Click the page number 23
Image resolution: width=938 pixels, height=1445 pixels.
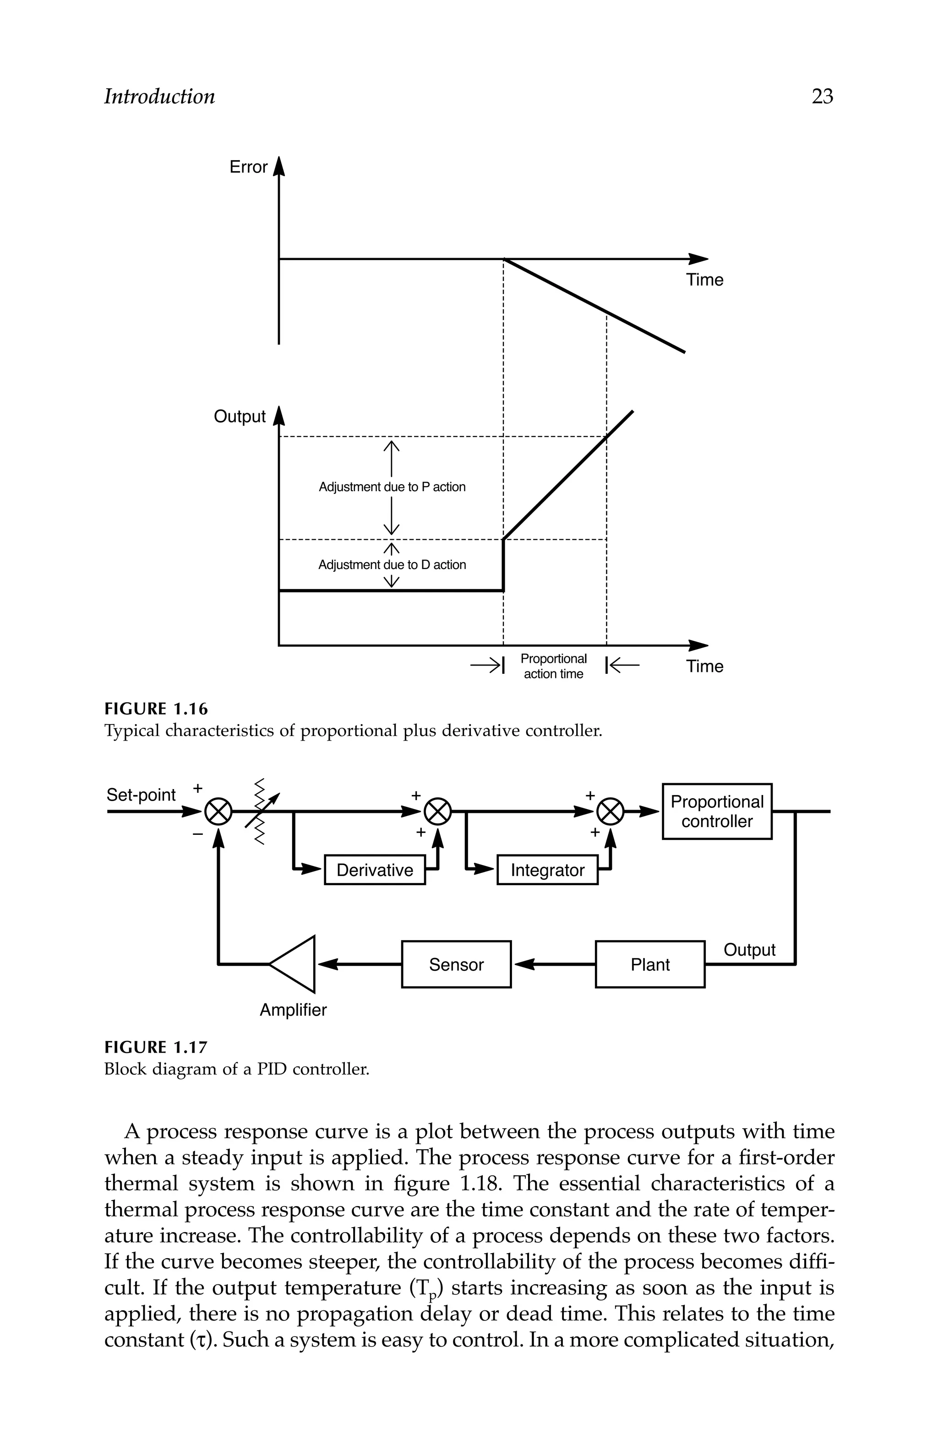(822, 97)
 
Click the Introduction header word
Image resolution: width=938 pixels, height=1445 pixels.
(159, 97)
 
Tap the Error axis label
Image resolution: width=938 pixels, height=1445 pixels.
(248, 167)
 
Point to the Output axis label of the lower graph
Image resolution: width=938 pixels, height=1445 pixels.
(240, 417)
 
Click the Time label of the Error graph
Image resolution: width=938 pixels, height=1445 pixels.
(704, 280)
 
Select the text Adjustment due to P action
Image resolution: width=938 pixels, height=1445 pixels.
(392, 487)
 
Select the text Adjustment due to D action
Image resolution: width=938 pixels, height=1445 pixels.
(392, 565)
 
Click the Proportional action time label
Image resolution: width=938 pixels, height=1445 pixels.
(553, 666)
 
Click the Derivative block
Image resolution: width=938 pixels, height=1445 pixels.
(374, 870)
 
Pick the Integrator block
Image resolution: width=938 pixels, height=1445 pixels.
(547, 870)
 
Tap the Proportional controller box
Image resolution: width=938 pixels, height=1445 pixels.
(716, 811)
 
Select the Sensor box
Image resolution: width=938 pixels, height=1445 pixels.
(456, 964)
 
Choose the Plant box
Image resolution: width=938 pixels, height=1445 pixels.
(649, 964)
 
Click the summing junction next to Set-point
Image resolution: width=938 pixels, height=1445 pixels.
(218, 811)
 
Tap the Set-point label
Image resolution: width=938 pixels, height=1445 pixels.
(141, 795)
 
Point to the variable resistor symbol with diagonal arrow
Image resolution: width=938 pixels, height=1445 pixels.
(261, 811)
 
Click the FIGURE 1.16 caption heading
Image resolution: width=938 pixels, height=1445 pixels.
(156, 709)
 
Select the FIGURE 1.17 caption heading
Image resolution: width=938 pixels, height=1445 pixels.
(156, 1047)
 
